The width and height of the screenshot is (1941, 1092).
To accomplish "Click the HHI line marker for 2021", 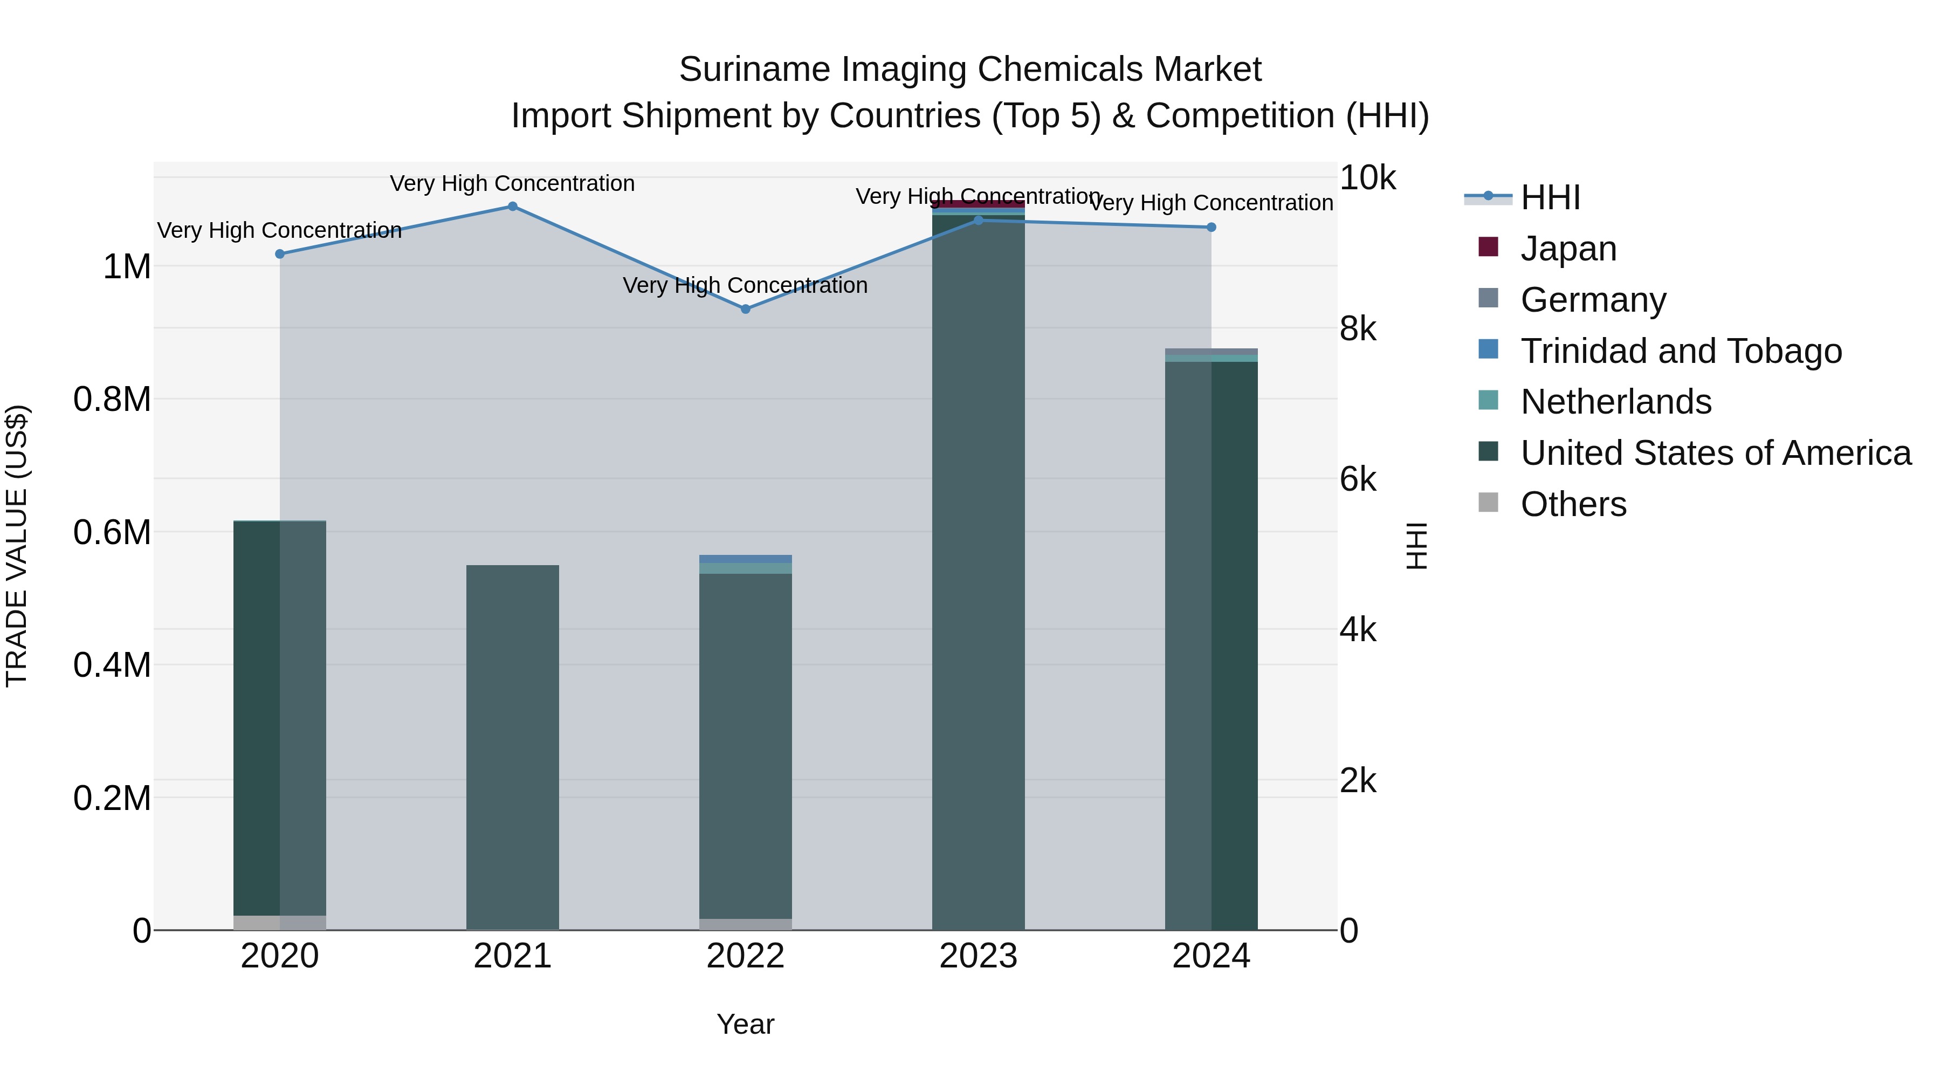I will point(512,207).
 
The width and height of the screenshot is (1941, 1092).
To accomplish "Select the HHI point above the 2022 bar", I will point(745,309).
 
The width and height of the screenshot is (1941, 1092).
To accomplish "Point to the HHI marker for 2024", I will point(1211,227).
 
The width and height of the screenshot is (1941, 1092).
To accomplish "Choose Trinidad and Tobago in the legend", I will point(1680,351).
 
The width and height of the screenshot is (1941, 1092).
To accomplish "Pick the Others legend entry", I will point(1573,504).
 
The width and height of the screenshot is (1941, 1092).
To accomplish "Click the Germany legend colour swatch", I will point(1488,298).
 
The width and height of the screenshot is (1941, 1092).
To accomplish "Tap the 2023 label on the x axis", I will point(978,956).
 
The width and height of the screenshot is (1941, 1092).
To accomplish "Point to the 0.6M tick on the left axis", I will point(112,532).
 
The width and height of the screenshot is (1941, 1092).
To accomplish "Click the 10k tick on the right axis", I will point(1367,178).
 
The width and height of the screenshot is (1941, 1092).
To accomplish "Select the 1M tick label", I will point(127,267).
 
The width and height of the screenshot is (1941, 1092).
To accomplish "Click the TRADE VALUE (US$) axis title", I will point(17,546).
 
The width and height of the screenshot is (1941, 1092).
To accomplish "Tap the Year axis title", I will point(745,1024).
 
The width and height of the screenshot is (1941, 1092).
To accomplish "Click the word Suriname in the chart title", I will point(754,70).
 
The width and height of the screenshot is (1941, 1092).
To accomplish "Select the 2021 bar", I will point(512,746).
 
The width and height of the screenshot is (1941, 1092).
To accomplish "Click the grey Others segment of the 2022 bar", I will point(745,924).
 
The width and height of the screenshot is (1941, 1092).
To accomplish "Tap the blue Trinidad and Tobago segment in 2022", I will point(745,559).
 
